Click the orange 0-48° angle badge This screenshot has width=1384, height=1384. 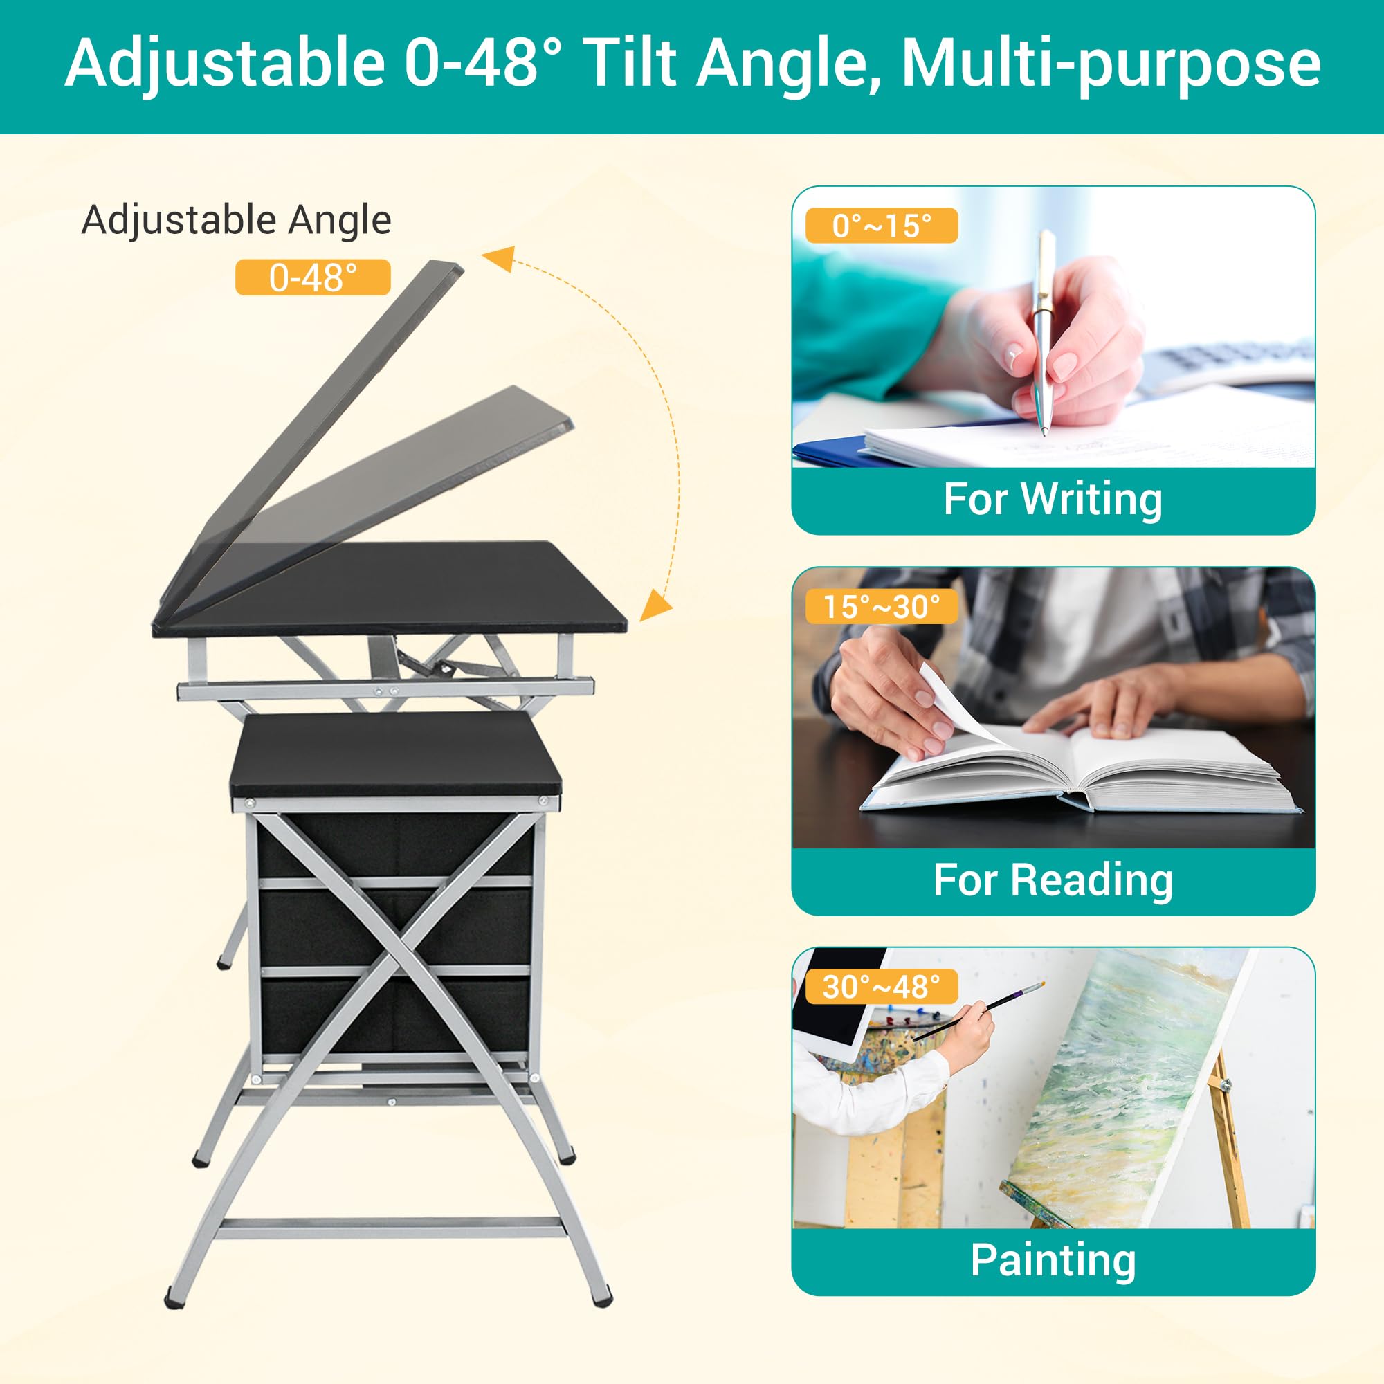click(x=312, y=277)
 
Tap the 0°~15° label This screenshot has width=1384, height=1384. click(x=881, y=226)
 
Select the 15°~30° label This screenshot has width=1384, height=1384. click(x=881, y=607)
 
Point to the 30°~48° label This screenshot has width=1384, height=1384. click(x=881, y=987)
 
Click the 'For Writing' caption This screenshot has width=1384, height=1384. click(x=1053, y=500)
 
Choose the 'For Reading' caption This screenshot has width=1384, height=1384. click(x=1053, y=880)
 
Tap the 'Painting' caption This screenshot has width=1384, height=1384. click(x=1053, y=1260)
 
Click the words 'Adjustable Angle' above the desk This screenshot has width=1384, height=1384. click(x=237, y=220)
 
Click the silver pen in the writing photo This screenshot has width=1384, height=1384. click(x=1041, y=329)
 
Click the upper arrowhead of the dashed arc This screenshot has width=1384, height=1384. click(x=500, y=258)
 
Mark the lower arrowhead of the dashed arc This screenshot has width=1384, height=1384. click(x=653, y=605)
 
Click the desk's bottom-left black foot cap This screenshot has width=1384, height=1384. click(x=174, y=1297)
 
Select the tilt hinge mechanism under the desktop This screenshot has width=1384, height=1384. click(x=423, y=655)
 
